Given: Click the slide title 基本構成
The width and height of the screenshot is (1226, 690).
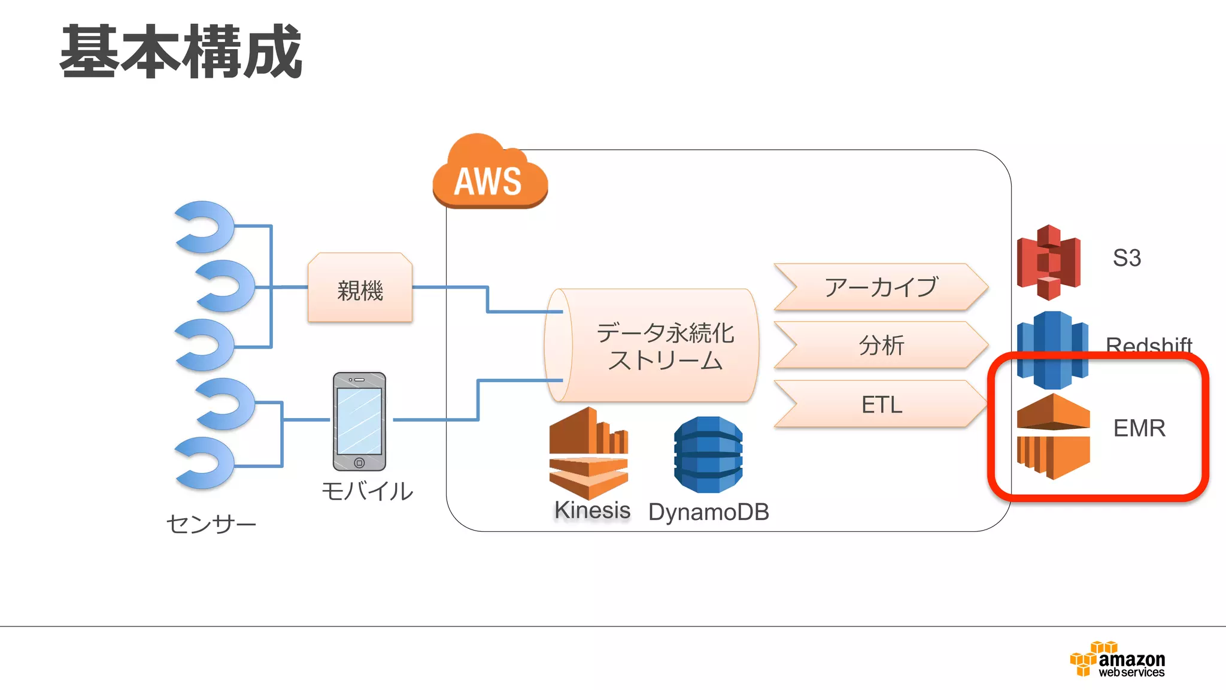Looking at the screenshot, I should tap(181, 52).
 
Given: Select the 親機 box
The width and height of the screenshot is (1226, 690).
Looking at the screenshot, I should tap(360, 289).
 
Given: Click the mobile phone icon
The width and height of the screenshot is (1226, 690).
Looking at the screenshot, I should tap(359, 421).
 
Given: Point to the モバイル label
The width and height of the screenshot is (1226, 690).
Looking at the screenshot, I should tap(367, 491).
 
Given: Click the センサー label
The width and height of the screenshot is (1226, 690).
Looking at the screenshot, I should tap(211, 524).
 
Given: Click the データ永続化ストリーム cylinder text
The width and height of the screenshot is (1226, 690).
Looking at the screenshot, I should tap(664, 346).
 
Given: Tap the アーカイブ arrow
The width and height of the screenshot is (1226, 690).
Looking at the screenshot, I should tap(880, 287).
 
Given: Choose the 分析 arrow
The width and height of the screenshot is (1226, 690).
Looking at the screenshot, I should tap(880, 345).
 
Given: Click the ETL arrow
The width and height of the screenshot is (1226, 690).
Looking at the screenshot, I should tap(880, 404).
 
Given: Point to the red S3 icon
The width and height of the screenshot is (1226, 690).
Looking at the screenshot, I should tap(1049, 262).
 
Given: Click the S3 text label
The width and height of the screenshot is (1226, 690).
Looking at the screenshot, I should tap(1127, 258).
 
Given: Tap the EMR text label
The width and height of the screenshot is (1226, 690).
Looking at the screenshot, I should tap(1139, 428).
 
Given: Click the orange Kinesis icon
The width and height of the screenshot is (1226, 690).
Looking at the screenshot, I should tap(588, 453).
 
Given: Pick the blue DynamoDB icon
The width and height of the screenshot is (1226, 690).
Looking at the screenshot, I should tap(708, 455).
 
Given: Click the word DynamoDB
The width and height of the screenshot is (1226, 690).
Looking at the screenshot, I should tap(708, 512).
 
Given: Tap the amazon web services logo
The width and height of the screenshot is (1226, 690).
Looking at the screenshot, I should tap(1118, 660).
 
